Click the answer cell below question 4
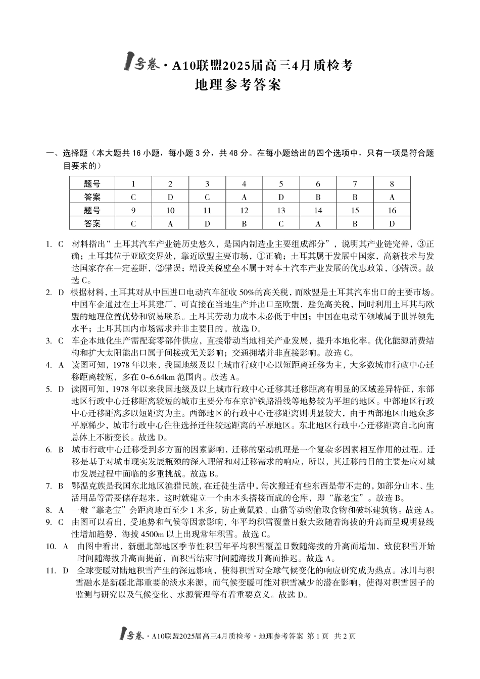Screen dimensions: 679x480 (x=244, y=197)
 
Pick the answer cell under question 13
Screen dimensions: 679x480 (x=281, y=223)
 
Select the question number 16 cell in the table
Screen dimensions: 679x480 (x=392, y=210)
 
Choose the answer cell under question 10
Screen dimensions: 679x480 (x=170, y=223)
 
